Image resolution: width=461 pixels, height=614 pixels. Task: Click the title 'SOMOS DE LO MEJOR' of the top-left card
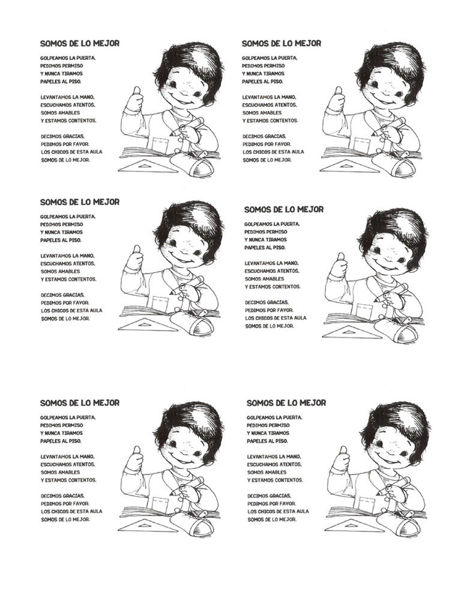[80, 43]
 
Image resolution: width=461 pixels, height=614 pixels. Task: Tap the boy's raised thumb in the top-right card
[339, 92]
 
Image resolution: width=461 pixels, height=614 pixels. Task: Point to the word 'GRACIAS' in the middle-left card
[73, 295]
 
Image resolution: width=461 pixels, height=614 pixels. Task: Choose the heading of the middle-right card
[284, 209]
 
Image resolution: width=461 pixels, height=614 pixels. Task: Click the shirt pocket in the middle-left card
[160, 303]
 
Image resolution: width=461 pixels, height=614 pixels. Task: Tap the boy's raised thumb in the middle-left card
[137, 251]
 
